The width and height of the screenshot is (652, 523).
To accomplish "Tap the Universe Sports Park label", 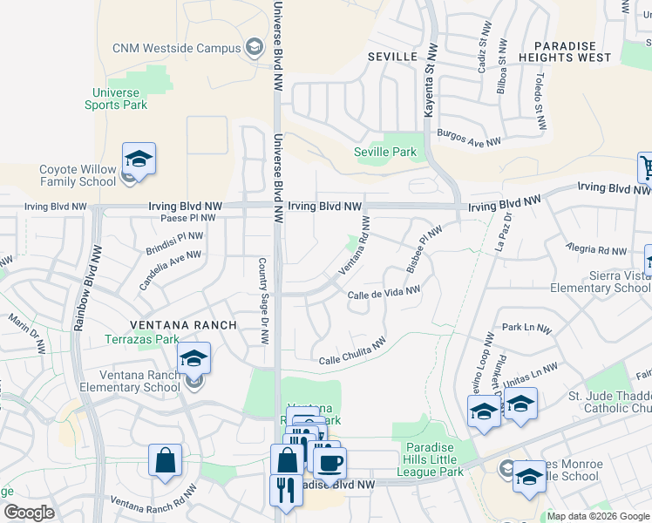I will [x=116, y=98].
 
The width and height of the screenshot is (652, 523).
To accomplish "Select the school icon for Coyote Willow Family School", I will [x=139, y=160].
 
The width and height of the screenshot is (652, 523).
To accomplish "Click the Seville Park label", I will [x=385, y=152].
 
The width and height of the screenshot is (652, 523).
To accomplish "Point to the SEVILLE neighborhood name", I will [x=392, y=56].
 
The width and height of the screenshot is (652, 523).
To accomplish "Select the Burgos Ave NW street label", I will [x=470, y=139].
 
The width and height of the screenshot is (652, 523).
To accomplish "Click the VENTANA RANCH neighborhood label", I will [x=184, y=325].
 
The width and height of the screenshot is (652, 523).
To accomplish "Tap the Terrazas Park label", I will [x=142, y=339].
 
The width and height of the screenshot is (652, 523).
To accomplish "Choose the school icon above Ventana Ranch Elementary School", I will [x=194, y=359].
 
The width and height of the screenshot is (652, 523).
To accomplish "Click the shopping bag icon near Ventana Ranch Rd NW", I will [x=165, y=461].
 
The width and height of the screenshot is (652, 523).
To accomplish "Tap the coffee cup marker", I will [x=329, y=463].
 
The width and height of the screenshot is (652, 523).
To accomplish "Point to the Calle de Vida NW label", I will [x=384, y=294].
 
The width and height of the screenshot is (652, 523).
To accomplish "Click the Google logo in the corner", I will [x=29, y=513].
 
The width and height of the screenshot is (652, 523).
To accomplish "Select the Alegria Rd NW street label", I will [x=595, y=250].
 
